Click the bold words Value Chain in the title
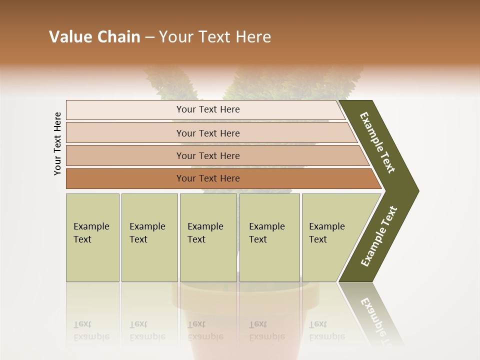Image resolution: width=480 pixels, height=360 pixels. tap(94, 37)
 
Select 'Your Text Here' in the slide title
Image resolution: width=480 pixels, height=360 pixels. tap(215, 37)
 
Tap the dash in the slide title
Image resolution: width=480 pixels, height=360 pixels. tap(149, 37)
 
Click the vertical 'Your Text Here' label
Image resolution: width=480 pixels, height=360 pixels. tap(57, 143)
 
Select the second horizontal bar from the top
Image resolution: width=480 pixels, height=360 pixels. tap(208, 133)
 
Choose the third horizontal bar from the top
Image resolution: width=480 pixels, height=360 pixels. tap(208, 155)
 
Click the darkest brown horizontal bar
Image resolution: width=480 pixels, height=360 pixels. tap(208, 178)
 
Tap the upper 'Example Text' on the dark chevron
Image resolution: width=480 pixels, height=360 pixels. tap(377, 142)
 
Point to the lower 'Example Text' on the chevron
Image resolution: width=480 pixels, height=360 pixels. tap(379, 236)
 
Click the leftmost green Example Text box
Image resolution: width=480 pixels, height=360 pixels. tap(92, 237)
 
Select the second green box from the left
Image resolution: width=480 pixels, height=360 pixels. tap(149, 237)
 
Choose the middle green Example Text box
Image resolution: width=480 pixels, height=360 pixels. tap(208, 237)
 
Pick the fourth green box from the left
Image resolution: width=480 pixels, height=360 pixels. tap(269, 237)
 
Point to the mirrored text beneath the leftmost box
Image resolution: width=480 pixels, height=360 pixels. tap(91, 330)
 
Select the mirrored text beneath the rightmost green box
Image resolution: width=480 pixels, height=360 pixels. tap(326, 330)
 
